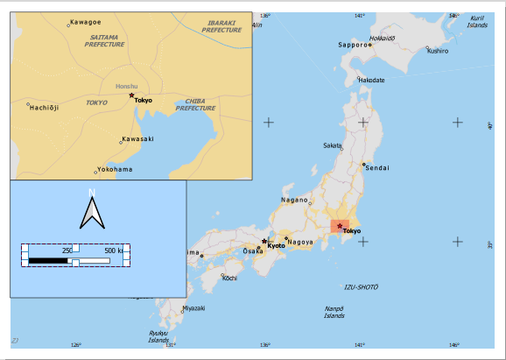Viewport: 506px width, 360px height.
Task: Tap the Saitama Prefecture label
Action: pyautogui.click(x=105, y=41)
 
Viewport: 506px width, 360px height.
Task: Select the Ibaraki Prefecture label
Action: pyautogui.click(x=221, y=26)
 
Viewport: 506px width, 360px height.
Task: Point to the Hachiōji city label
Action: pyautogui.click(x=45, y=108)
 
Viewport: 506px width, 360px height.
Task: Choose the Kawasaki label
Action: pyautogui.click(x=139, y=138)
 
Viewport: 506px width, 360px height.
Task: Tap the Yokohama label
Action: pyautogui.click(x=116, y=169)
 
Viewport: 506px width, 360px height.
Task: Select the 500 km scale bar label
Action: pyautogui.click(x=115, y=251)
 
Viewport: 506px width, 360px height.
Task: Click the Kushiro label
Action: pyautogui.click(x=438, y=51)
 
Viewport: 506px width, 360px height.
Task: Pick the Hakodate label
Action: pyautogui.click(x=371, y=80)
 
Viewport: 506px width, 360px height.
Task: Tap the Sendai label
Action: pyautogui.click(x=377, y=167)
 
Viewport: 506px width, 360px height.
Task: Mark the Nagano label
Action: pyautogui.click(x=294, y=200)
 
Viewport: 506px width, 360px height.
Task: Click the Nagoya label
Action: pyautogui.click(x=300, y=242)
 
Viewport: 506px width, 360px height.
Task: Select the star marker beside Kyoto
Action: pyautogui.click(x=264, y=241)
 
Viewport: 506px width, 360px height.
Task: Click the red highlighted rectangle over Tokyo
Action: pyautogui.click(x=339, y=227)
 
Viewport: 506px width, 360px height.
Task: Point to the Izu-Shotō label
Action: pyautogui.click(x=361, y=286)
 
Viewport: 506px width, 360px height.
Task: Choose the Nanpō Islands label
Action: pyautogui.click(x=334, y=312)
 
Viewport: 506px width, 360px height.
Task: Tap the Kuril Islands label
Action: pyautogui.click(x=477, y=22)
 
